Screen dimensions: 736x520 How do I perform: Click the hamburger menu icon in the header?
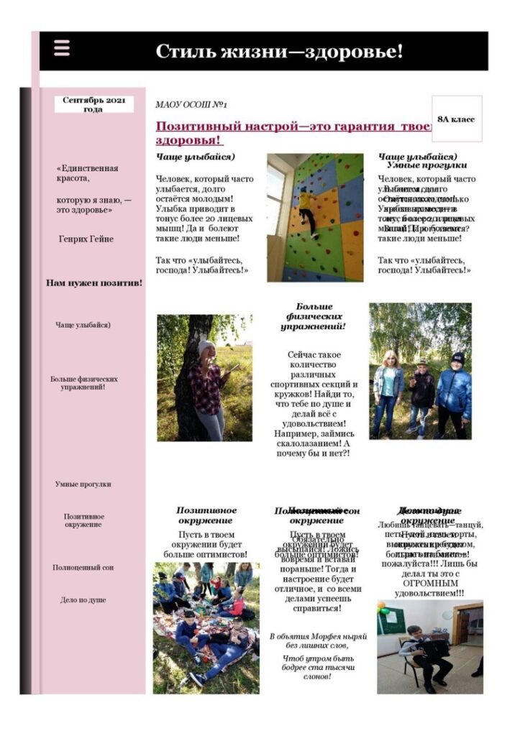tap(62, 48)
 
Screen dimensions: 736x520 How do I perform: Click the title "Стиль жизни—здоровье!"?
tap(279, 52)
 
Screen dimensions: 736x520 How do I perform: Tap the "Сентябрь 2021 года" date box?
tap(93, 104)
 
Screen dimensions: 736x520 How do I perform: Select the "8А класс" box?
tap(456, 119)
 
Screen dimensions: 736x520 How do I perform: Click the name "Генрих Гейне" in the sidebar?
tap(86, 239)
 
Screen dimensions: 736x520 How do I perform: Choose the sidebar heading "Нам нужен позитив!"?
tap(93, 283)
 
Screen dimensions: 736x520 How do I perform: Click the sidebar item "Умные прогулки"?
tap(83, 484)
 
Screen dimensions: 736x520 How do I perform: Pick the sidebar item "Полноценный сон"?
tap(83, 568)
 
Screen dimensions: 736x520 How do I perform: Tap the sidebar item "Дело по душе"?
tap(83, 599)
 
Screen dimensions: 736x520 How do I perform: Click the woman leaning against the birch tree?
tap(209, 388)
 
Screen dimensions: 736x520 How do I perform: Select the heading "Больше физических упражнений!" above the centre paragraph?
tap(314, 316)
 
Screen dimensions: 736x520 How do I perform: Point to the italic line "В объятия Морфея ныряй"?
tap(318, 637)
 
